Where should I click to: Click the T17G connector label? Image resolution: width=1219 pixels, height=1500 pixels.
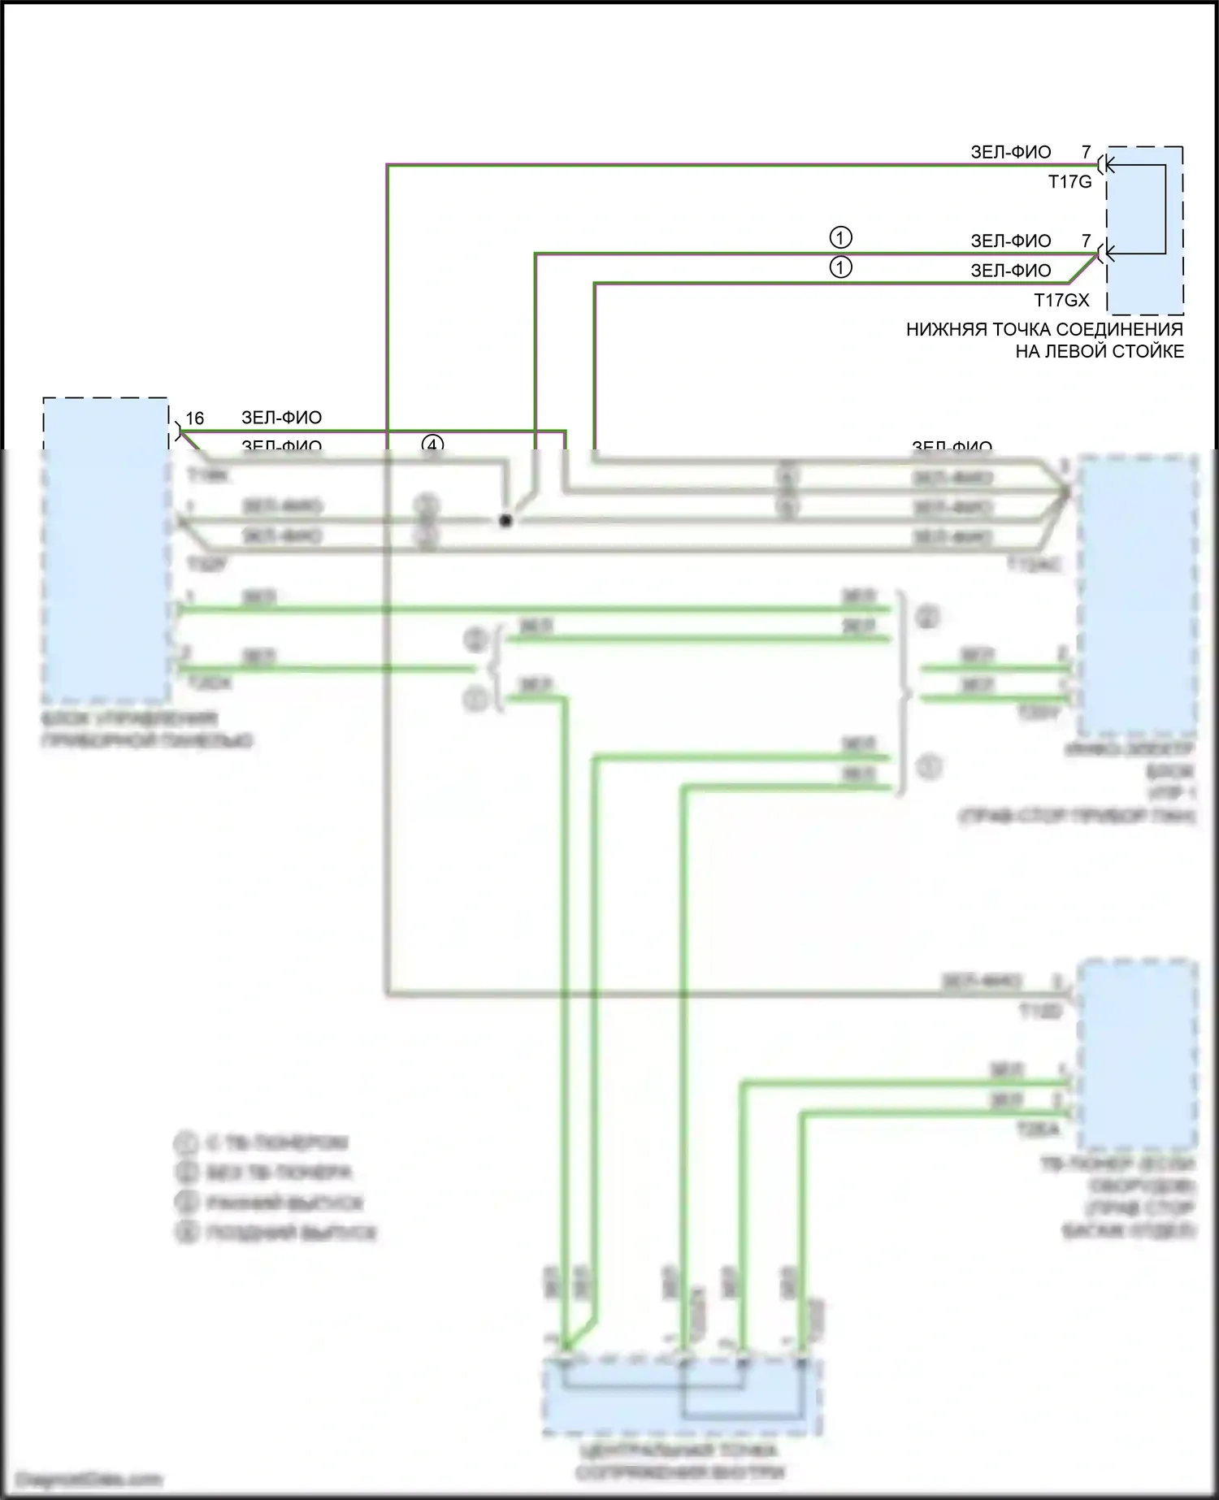[x=1069, y=182]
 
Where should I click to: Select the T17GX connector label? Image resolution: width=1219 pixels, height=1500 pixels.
[x=1061, y=300]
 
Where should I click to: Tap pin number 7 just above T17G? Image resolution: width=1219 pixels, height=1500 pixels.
[x=1086, y=152]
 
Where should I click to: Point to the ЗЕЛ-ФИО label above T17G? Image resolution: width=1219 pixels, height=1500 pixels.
[x=1011, y=152]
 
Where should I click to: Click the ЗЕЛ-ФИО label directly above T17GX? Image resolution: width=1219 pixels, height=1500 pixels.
[x=1011, y=271]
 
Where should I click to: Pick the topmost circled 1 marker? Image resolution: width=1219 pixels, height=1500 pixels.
[x=840, y=237]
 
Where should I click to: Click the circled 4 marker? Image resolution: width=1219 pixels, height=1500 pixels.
[x=433, y=444]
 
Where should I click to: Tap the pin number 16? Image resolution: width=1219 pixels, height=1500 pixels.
[x=195, y=418]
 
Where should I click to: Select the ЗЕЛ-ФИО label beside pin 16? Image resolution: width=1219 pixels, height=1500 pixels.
[x=281, y=418]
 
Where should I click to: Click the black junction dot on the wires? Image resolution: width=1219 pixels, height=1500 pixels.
[x=505, y=521]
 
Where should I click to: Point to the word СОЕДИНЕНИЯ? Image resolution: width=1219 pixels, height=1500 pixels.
[x=1126, y=330]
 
